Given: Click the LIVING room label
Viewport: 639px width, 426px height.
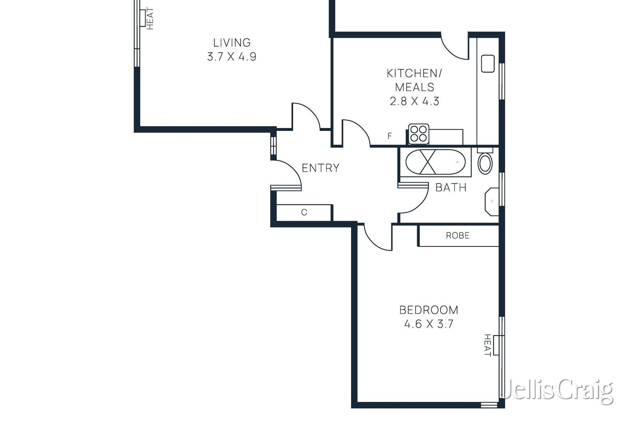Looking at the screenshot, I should click(232, 42).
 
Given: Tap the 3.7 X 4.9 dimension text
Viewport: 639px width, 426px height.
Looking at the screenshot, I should click(232, 57).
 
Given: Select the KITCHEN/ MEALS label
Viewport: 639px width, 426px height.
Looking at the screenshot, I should click(415, 80).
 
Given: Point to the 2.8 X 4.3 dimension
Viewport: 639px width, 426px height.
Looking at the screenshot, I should click(415, 101).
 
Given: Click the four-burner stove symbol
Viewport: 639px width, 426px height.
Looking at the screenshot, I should click(419, 134).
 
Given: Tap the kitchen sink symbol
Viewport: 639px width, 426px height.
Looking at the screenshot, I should click(488, 64).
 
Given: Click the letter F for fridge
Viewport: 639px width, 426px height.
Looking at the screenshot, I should click(390, 136).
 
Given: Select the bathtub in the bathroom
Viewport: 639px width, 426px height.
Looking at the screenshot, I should click(435, 162).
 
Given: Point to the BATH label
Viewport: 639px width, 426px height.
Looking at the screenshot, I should click(451, 187).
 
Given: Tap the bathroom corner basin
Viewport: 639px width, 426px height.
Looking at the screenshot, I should click(492, 202).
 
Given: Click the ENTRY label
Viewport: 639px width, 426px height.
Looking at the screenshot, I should click(320, 168).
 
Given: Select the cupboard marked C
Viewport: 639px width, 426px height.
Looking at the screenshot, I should click(304, 212).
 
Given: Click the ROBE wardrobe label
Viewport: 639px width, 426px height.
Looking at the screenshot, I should click(457, 236).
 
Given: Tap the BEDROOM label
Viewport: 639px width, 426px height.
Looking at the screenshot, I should click(429, 310).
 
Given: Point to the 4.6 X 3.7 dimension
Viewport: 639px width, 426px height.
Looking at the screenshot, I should click(429, 324).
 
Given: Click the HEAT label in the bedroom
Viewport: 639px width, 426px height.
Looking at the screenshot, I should click(487, 345).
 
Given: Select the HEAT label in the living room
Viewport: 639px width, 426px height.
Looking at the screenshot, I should click(150, 18).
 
